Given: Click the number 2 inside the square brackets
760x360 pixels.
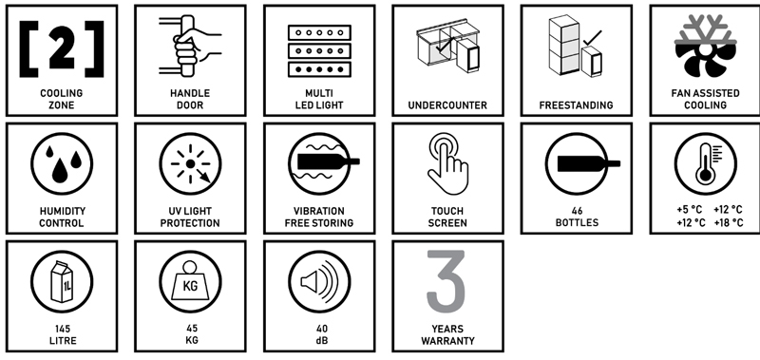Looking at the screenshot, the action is pyautogui.click(x=62, y=49).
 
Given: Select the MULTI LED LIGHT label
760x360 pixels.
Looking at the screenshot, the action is pyautogui.click(x=319, y=99).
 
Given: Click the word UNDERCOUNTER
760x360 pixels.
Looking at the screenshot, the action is pyautogui.click(x=447, y=105).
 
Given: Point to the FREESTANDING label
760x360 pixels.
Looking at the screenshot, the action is pyautogui.click(x=576, y=105).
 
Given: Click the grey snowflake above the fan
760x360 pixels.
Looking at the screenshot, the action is pyautogui.click(x=705, y=31).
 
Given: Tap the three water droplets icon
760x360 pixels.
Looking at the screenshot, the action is pyautogui.click(x=62, y=163).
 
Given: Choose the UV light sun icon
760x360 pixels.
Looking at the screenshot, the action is pyautogui.click(x=190, y=163).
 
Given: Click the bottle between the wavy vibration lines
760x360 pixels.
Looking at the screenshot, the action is pyautogui.click(x=328, y=161).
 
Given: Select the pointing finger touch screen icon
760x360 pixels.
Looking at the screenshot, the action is pyautogui.click(x=447, y=163).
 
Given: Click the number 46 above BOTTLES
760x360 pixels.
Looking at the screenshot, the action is pyautogui.click(x=577, y=211).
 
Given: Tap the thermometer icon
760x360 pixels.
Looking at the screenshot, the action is pyautogui.click(x=705, y=163).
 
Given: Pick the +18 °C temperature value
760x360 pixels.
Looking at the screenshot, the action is pyautogui.click(x=728, y=222).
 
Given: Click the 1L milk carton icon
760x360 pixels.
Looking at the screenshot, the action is pyautogui.click(x=62, y=281).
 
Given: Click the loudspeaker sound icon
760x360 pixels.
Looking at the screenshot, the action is pyautogui.click(x=319, y=281).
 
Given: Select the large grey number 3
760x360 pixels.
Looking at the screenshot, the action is pyautogui.click(x=446, y=281).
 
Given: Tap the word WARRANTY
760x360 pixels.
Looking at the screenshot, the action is pyautogui.click(x=447, y=341).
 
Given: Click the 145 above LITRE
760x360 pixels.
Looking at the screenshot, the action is pyautogui.click(x=63, y=329).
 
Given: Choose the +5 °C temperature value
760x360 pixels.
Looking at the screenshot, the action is pyautogui.click(x=690, y=210).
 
